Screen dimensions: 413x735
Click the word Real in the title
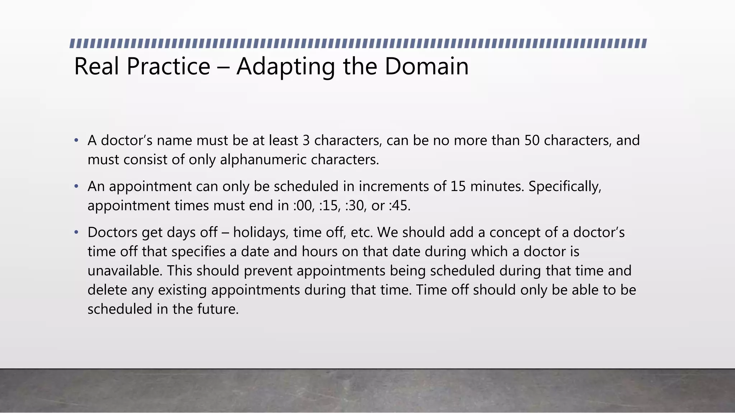pyautogui.click(x=96, y=66)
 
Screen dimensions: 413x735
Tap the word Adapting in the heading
pyautogui.click(x=285, y=67)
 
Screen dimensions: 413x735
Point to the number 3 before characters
pyautogui.click(x=306, y=141)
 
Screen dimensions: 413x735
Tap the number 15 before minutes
pyautogui.click(x=458, y=186)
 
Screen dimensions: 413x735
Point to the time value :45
pyautogui.click(x=399, y=206)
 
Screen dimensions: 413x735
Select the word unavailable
pyautogui.click(x=125, y=271)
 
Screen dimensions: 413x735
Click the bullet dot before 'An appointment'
pyautogui.click(x=76, y=186)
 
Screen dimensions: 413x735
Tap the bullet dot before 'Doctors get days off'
pyautogui.click(x=76, y=233)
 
